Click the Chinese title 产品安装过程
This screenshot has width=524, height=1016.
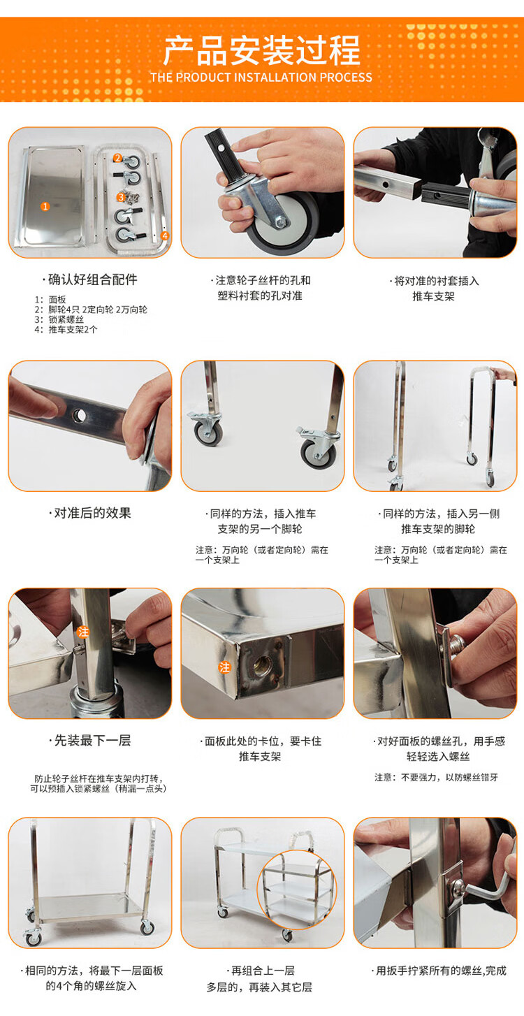(x=262, y=51)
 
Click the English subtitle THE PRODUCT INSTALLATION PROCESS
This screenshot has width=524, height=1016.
(x=261, y=78)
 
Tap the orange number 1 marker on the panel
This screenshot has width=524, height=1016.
(x=45, y=206)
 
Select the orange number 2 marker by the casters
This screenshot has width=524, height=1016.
(x=118, y=158)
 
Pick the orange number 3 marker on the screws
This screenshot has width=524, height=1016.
(x=121, y=197)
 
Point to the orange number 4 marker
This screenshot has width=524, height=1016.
(x=165, y=236)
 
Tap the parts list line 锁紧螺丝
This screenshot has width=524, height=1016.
(x=59, y=319)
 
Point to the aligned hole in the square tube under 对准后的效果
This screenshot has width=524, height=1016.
(x=80, y=414)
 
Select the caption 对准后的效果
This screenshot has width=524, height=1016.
(x=90, y=513)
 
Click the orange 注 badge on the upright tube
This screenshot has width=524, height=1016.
(x=83, y=632)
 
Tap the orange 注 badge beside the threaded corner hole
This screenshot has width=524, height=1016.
(x=224, y=667)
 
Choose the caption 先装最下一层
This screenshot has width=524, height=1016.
(x=90, y=741)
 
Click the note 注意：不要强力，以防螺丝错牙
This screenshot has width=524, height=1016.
(x=436, y=778)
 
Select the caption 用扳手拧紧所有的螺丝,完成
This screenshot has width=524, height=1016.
(x=439, y=971)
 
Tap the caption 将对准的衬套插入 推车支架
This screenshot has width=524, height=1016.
(x=434, y=289)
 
